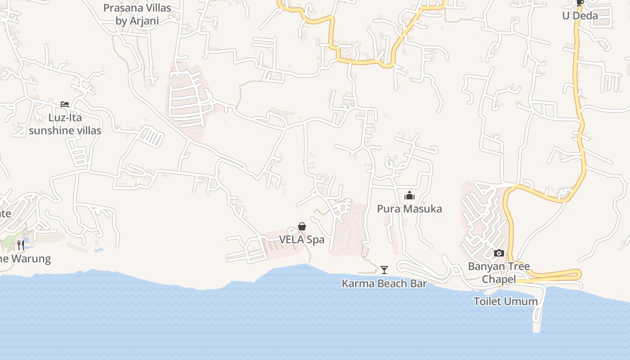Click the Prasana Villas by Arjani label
(x=137, y=14)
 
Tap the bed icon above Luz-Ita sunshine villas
(x=65, y=104)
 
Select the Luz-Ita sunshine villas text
(x=65, y=124)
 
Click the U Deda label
(x=580, y=16)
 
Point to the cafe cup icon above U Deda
(x=580, y=3)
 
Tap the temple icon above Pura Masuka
(x=409, y=195)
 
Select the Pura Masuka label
(x=409, y=209)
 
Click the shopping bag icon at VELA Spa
(x=302, y=226)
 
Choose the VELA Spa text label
(x=302, y=239)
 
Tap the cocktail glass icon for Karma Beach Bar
(x=384, y=270)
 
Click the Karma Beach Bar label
(x=384, y=283)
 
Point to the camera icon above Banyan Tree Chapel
(x=499, y=253)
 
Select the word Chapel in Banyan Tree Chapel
(x=499, y=279)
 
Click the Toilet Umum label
(x=505, y=301)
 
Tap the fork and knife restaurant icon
(x=21, y=245)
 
